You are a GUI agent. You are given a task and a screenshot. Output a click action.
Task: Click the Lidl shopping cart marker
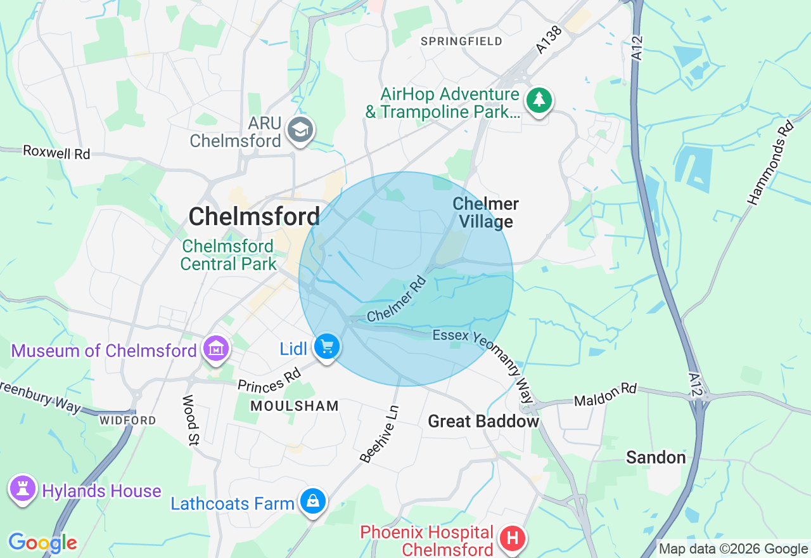327,347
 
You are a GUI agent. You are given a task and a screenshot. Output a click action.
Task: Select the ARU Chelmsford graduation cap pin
300,130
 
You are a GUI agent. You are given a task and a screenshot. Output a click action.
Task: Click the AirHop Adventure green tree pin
539,100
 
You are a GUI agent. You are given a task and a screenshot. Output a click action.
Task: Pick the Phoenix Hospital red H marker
513,539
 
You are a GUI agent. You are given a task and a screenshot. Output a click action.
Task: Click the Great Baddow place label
483,421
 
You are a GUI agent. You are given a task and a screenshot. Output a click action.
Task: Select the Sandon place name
656,457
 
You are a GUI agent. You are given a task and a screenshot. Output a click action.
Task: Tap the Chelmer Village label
486,212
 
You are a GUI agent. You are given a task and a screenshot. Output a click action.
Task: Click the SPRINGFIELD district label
462,41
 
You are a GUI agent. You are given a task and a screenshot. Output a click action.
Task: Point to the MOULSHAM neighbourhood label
295,406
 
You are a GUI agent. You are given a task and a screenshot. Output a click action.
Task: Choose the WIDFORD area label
127,420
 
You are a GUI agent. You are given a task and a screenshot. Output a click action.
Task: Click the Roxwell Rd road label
56,152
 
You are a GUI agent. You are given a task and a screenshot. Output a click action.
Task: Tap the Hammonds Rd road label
770,164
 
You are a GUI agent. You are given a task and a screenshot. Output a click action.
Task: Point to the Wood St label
189,419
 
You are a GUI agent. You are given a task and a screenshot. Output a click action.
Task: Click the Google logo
42,543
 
